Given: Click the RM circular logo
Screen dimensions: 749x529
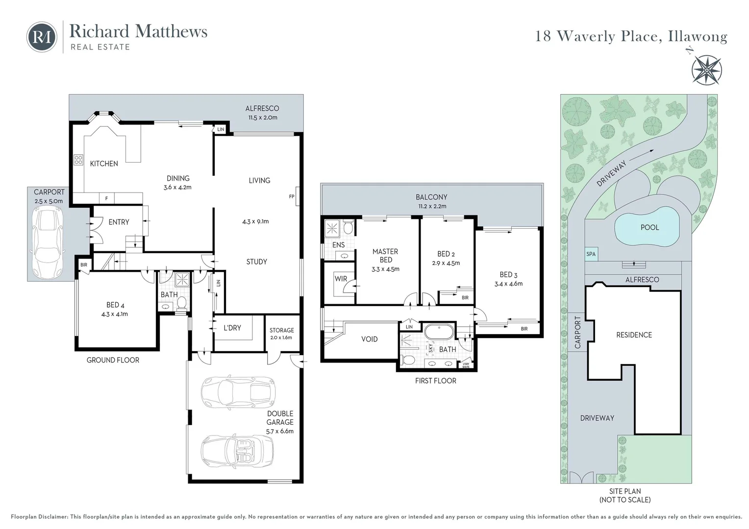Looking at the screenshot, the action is pyautogui.click(x=42, y=37).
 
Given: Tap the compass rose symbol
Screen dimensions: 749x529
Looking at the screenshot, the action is pyautogui.click(x=706, y=70).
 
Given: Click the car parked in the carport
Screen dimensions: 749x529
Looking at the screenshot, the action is pyautogui.click(x=48, y=242).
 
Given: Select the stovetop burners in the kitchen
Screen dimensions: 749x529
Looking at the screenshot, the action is pyautogui.click(x=78, y=160).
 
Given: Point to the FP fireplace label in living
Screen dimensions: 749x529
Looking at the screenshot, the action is pyautogui.click(x=292, y=196).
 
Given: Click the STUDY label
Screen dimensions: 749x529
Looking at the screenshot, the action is pyautogui.click(x=257, y=262).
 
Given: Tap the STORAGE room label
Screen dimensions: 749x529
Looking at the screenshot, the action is pyautogui.click(x=281, y=330).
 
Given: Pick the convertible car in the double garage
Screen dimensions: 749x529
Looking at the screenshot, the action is pyautogui.click(x=238, y=451).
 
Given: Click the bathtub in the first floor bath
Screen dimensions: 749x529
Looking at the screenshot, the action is pyautogui.click(x=439, y=332).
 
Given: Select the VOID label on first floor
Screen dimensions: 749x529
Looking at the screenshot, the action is pyautogui.click(x=370, y=339).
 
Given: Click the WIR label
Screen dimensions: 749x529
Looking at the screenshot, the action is pyautogui.click(x=341, y=279).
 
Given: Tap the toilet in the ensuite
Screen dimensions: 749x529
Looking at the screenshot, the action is pyautogui.click(x=348, y=227).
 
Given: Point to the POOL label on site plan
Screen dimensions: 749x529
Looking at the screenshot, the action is pyautogui.click(x=649, y=228).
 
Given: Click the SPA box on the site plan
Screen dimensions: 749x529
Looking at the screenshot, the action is pyautogui.click(x=591, y=254).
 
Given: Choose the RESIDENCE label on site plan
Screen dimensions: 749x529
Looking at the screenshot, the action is pyautogui.click(x=634, y=335).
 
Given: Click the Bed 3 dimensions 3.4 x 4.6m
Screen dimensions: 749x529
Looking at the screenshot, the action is pyautogui.click(x=508, y=284).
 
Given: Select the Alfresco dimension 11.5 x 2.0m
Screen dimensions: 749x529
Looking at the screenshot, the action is pyautogui.click(x=262, y=117).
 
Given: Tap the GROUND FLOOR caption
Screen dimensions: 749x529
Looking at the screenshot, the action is pyautogui.click(x=113, y=360).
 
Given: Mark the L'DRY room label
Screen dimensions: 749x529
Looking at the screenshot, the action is pyautogui.click(x=232, y=328).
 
